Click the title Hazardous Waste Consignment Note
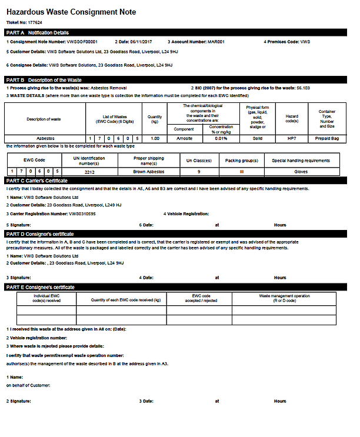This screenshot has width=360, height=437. coord(71,12)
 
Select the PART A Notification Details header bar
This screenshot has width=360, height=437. coord(176,32)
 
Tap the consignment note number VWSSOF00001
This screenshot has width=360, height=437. coord(84,42)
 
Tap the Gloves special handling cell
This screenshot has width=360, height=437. coord(301,171)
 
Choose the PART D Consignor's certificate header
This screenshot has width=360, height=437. coord(176,233)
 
